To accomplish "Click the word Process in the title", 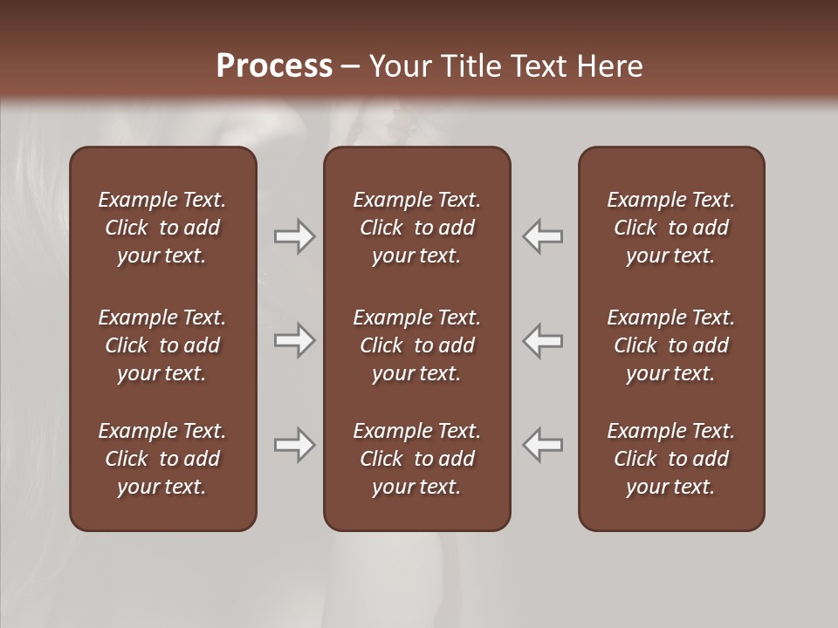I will (x=274, y=66).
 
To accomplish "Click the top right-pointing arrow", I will (x=294, y=235).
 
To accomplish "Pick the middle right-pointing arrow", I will (x=294, y=340).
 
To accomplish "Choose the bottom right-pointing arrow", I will (x=294, y=445).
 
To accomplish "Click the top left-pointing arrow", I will (x=543, y=235).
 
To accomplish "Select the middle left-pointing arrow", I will (x=543, y=340).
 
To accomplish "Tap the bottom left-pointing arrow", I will (x=543, y=445).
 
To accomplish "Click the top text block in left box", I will (x=162, y=228).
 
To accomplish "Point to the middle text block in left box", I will (x=162, y=345).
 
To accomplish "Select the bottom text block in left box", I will (x=162, y=459).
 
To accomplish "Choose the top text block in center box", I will (x=417, y=228).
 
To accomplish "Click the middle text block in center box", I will (x=417, y=345).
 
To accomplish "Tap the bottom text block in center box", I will (x=417, y=459).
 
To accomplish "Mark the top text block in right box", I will (x=671, y=228).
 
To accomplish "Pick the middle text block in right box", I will (x=671, y=345).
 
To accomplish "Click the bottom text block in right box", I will (x=671, y=459).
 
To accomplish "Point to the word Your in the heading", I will (x=399, y=66).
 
